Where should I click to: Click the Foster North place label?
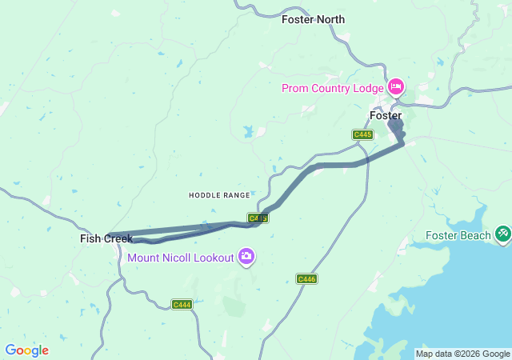click(x=314, y=18)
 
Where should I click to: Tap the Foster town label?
click(x=386, y=116)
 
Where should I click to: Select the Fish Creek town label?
click(x=106, y=238)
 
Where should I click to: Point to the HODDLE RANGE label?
click(x=219, y=195)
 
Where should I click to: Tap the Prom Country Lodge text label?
click(x=333, y=87)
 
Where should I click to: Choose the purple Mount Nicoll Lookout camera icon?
click(x=246, y=257)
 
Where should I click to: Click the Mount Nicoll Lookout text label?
click(x=181, y=258)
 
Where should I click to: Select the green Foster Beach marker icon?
click(x=503, y=234)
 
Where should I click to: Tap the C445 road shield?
click(x=362, y=134)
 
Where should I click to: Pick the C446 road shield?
click(x=306, y=278)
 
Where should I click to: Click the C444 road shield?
click(x=182, y=304)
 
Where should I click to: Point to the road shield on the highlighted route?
click(x=258, y=218)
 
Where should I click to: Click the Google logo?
click(x=26, y=350)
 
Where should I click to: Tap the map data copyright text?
click(x=462, y=354)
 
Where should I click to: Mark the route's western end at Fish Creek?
click(x=108, y=235)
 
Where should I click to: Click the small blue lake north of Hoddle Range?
click(x=249, y=130)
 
